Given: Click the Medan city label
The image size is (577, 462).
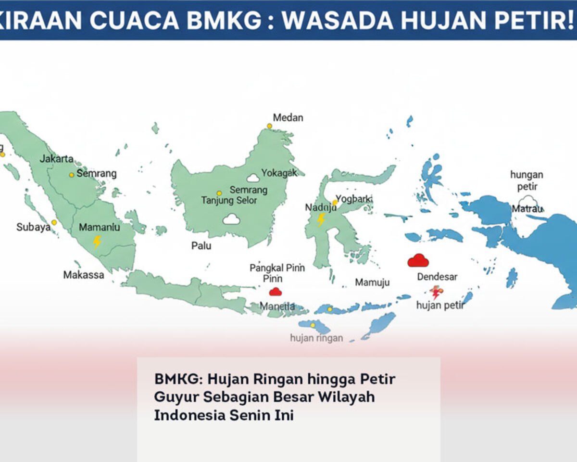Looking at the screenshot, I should click(x=288, y=117).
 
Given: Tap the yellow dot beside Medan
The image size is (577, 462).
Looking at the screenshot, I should click(x=269, y=126).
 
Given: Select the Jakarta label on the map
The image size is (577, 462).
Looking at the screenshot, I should click(x=57, y=159).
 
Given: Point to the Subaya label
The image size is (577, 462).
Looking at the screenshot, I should click(x=33, y=227).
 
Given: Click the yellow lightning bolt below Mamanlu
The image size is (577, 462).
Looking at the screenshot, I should click(x=97, y=241).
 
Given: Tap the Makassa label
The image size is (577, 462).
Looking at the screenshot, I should click(x=84, y=275).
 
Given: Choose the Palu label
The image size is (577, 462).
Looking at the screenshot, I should click(x=201, y=246).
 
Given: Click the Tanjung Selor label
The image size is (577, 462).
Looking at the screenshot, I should click(x=229, y=200).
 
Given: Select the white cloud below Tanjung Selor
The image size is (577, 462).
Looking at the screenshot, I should click(x=231, y=219).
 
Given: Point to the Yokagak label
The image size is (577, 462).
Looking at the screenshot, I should click(x=279, y=173).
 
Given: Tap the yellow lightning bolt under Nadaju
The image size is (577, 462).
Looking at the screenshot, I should click(x=321, y=220).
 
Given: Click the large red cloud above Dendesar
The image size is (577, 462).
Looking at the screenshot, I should click(x=418, y=260).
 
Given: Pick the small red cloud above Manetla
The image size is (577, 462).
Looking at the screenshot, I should click(x=275, y=291).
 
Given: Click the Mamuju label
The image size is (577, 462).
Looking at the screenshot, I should click(x=372, y=282).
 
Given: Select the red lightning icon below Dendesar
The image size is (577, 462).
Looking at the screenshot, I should click(x=436, y=292).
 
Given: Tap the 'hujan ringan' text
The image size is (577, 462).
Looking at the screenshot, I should click(x=316, y=338).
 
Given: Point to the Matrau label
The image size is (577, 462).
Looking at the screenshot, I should click(x=527, y=209).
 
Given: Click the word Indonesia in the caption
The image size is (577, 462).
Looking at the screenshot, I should click(x=189, y=415).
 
